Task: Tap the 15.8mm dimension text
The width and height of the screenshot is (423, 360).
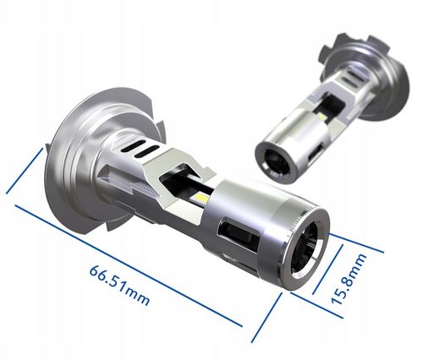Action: pyautogui.click(x=349, y=278)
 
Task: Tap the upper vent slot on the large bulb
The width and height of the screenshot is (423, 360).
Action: pyautogui.click(x=134, y=145)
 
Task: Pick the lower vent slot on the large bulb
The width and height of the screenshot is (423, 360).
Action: pyautogui.click(x=146, y=151)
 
